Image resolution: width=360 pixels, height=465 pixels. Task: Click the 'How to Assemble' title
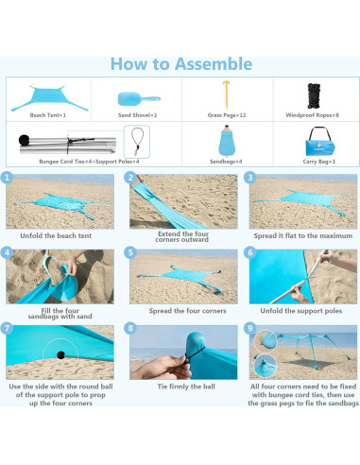coord(181,64)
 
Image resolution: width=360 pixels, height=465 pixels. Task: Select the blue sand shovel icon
coord(139,99)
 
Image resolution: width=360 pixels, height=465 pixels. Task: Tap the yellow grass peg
coord(226,95)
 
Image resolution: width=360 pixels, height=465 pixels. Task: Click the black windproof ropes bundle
coord(314,96)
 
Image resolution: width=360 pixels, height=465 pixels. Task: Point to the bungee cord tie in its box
coord(137,142)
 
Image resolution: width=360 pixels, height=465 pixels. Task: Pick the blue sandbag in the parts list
coord(227,141)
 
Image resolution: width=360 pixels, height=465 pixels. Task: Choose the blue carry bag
coord(319,143)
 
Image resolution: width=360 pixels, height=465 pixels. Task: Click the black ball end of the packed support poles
coord(24,140)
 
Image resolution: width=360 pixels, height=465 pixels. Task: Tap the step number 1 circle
coord(7,178)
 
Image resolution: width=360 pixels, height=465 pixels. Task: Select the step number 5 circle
coord(130,252)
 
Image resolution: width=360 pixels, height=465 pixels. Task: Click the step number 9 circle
coord(250,328)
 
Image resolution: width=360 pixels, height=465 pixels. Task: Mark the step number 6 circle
coord(250,252)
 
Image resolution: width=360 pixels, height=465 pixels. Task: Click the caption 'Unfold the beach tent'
coord(56,235)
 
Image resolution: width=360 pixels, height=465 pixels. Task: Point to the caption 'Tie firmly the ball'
coord(186,387)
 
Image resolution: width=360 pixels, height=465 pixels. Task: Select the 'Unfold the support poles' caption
coord(301,311)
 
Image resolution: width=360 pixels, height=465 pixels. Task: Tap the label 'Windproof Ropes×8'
coord(313,115)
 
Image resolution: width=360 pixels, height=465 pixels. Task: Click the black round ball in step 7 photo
coord(60,355)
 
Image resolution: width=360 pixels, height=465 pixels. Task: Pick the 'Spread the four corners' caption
coord(188,311)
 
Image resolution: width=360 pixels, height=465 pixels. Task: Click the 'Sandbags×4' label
coord(226,162)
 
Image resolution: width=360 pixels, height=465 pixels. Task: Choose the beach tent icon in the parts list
coord(49,98)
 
